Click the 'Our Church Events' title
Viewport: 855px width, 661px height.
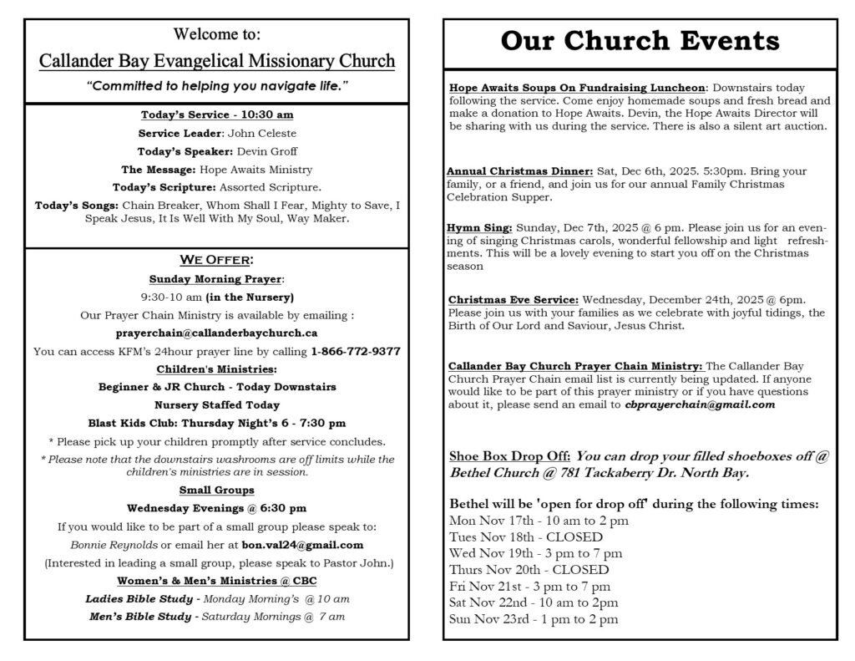[x=640, y=41]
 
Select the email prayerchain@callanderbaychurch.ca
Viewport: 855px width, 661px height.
[x=216, y=333]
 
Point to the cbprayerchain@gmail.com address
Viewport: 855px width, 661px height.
[x=700, y=404]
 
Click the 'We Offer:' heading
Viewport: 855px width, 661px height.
[x=216, y=261]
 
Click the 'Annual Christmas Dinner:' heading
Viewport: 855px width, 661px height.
[x=521, y=171]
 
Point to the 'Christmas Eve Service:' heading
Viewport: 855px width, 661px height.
[x=513, y=299]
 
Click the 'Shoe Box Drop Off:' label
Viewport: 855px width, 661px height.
[x=510, y=456]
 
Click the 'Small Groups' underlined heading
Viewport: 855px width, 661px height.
[x=216, y=490]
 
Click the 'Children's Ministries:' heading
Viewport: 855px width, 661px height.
[x=216, y=369]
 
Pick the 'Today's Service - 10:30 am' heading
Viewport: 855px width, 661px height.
[x=216, y=114]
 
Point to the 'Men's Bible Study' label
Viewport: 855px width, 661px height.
[x=139, y=618]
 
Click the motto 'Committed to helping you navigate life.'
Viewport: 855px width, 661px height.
[x=216, y=86]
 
